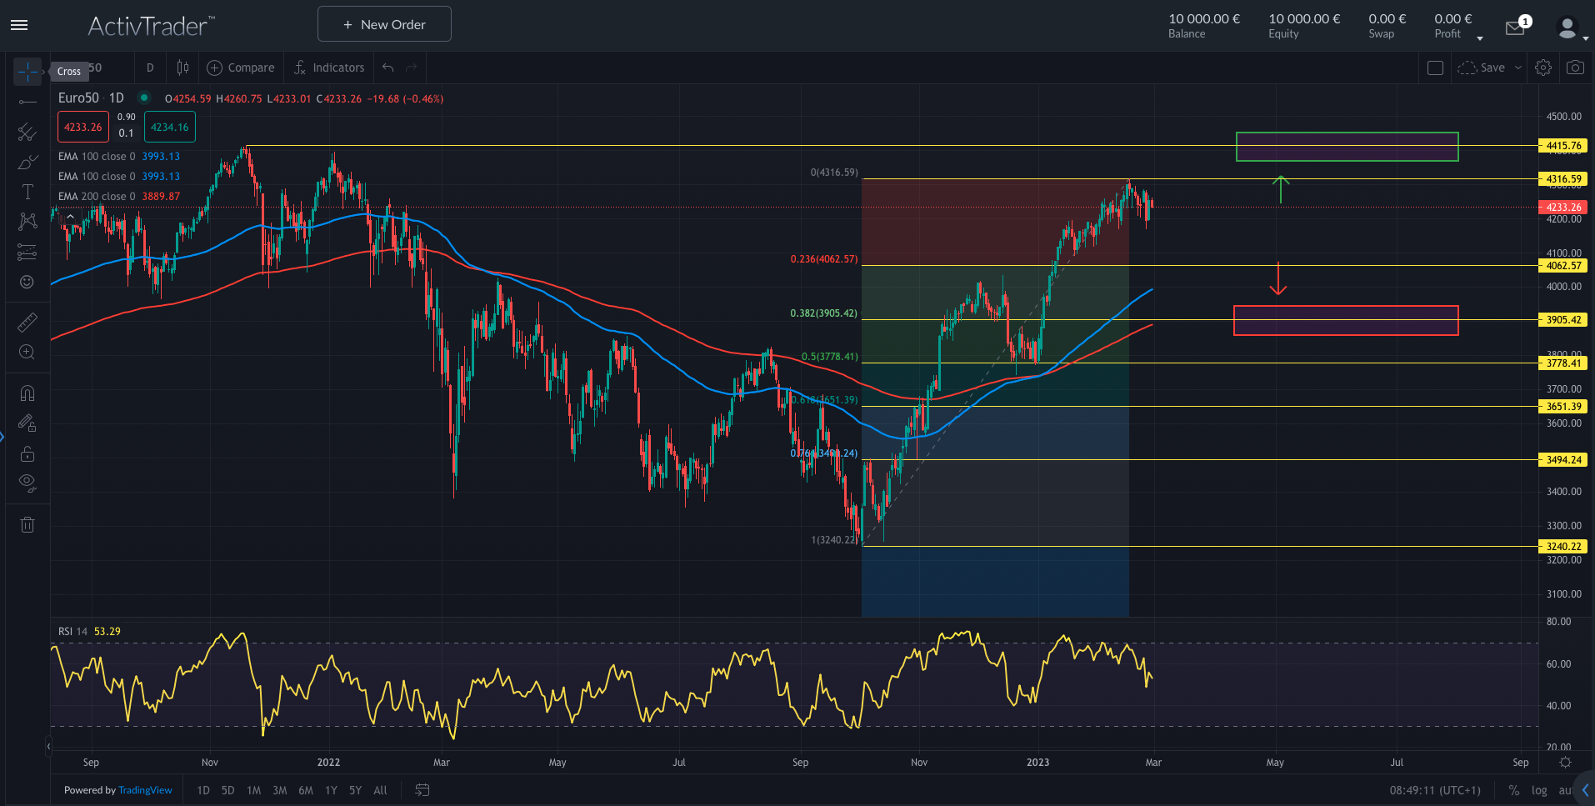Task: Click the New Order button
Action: click(384, 24)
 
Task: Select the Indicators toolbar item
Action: click(330, 68)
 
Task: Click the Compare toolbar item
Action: click(241, 68)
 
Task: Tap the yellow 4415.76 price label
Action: click(1562, 146)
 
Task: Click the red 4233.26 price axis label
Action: click(1562, 208)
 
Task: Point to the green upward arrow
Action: click(1281, 189)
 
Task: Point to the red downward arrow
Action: click(1278, 279)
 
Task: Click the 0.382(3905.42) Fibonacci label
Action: click(823, 313)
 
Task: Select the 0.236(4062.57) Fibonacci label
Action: click(823, 259)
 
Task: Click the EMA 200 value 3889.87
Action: click(161, 197)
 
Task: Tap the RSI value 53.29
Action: click(107, 632)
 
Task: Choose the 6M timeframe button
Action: click(306, 790)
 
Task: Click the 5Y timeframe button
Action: click(355, 790)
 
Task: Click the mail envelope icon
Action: click(1514, 28)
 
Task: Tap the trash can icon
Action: click(27, 524)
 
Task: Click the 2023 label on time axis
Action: click(1037, 763)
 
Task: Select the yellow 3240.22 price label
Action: click(1562, 547)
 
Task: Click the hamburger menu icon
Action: click(19, 25)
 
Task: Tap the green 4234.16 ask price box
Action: click(169, 128)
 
